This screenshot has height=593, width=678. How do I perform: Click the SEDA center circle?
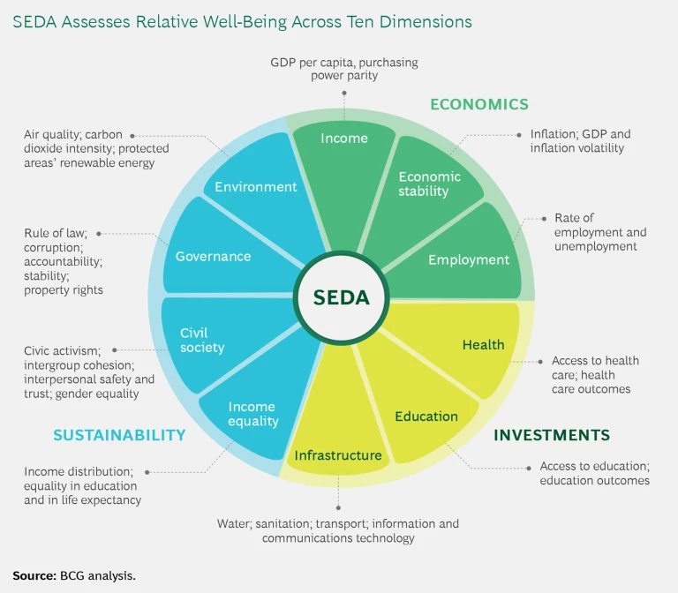coord(341,297)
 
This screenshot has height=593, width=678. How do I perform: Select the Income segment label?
coord(344,139)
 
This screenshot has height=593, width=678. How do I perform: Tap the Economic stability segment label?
coord(429,184)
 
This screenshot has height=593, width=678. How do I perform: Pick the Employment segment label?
coord(469,259)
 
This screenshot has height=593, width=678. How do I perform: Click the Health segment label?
coord(483,344)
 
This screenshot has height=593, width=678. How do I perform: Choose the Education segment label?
coord(426,416)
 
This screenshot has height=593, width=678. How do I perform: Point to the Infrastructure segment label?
coord(338,455)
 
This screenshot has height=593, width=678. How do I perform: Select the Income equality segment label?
coord(252,414)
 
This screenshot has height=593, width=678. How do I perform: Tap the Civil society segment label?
coord(201,340)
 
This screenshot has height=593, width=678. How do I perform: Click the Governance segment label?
coord(213,256)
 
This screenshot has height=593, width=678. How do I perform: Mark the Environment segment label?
coord(256,186)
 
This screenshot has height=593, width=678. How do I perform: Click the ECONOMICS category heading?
coord(479,104)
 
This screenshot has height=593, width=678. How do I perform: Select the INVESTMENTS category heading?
coord(551,435)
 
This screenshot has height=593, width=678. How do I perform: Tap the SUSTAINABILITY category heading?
coord(119,435)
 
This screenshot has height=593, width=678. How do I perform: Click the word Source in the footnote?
coord(32,575)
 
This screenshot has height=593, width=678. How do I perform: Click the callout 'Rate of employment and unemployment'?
coord(599,232)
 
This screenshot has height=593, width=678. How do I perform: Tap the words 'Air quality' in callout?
coord(52,135)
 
